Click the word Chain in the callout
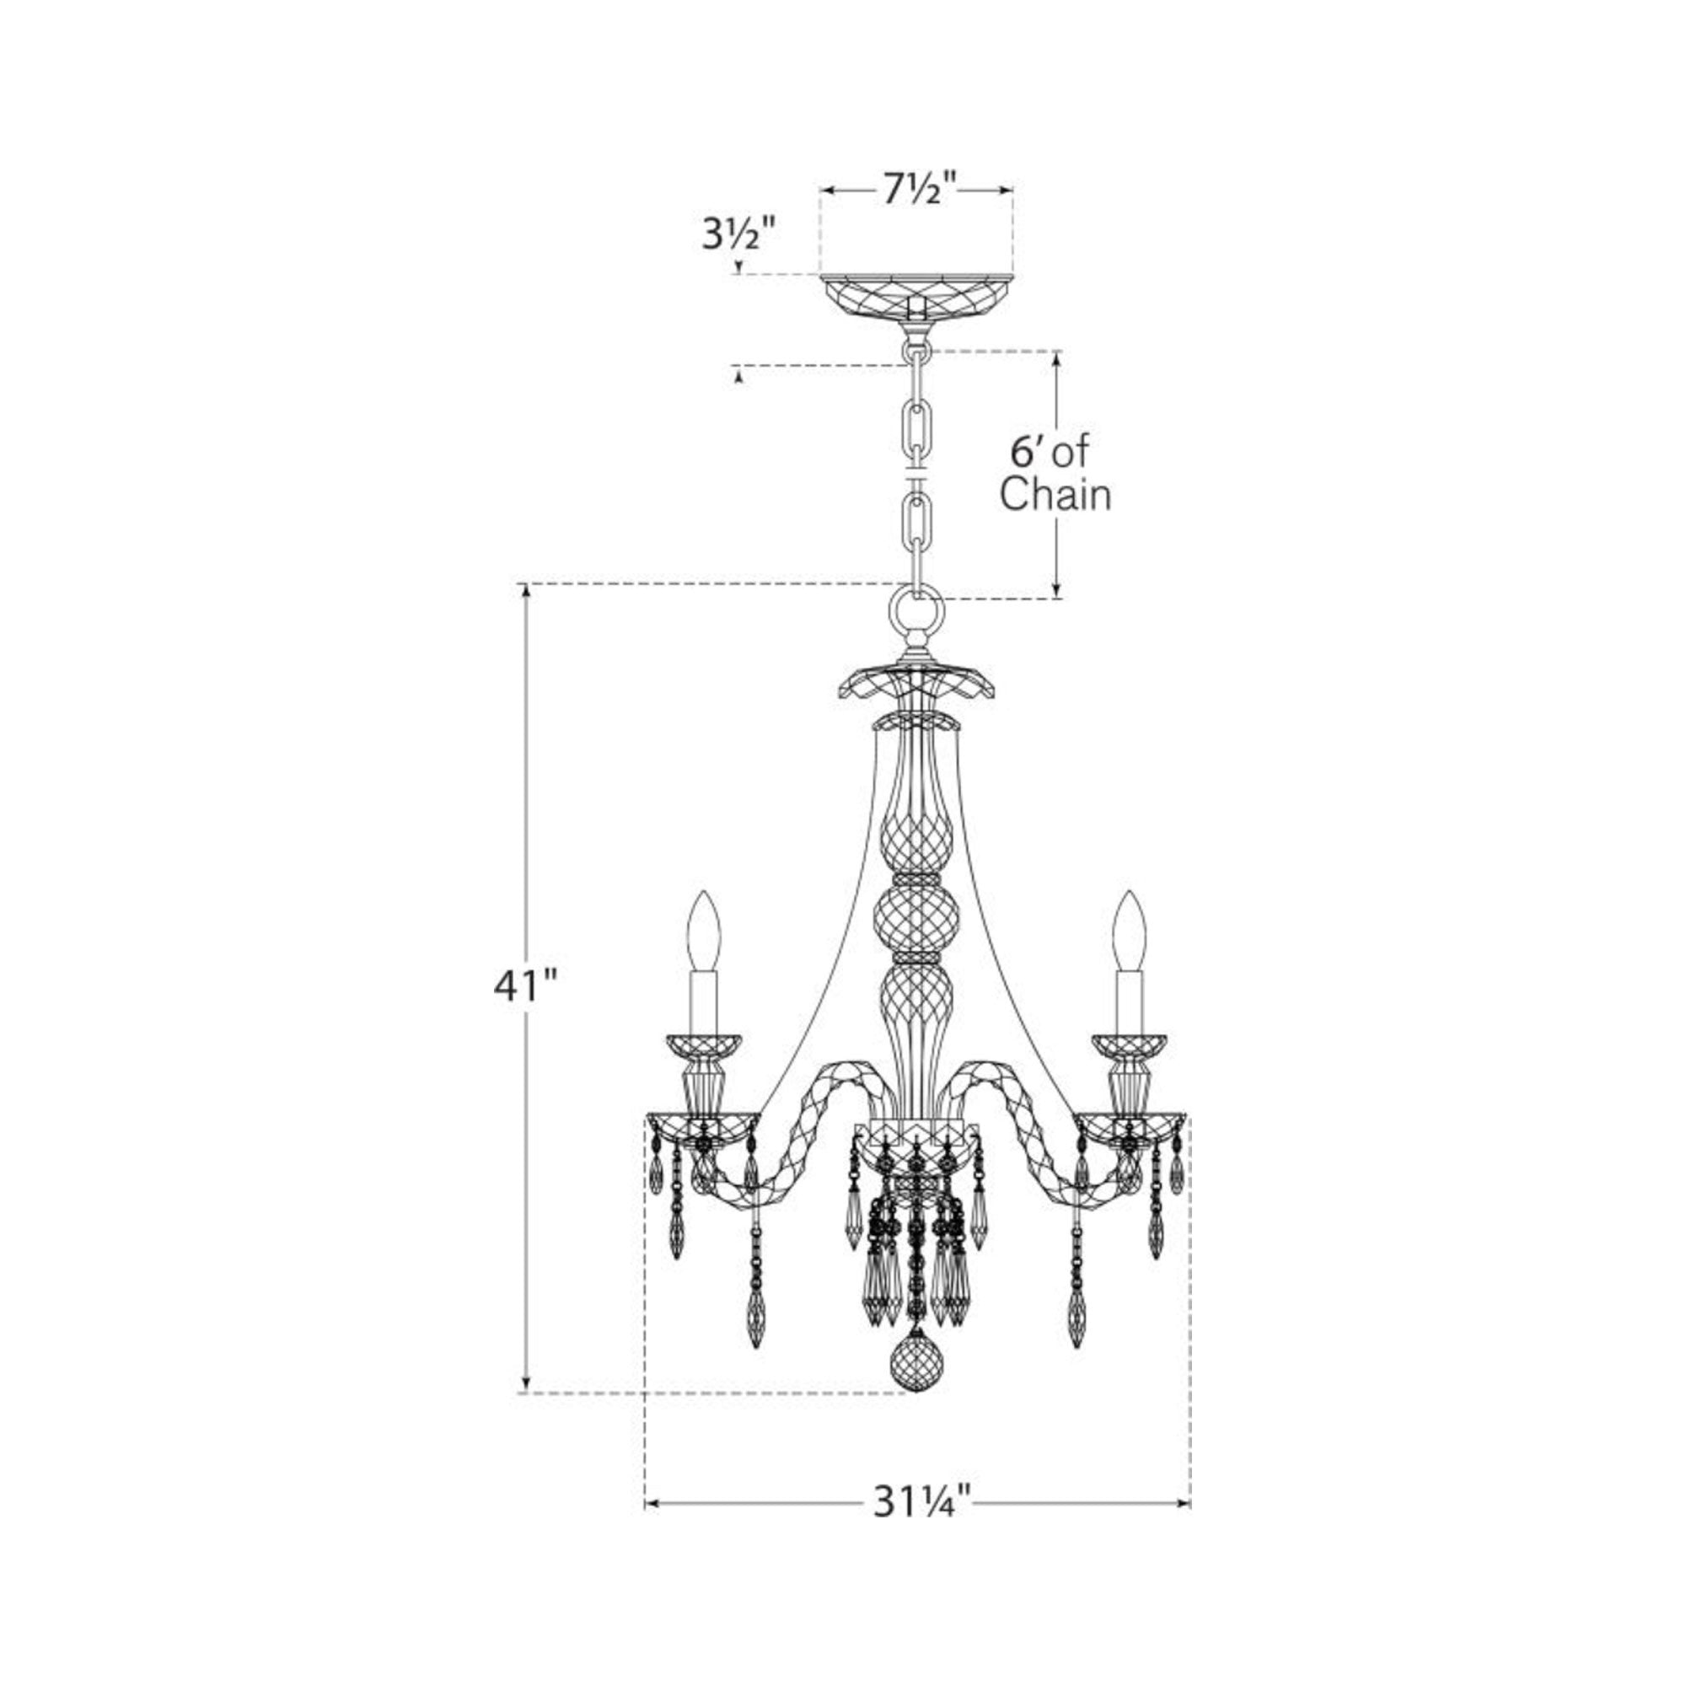coord(1055,496)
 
